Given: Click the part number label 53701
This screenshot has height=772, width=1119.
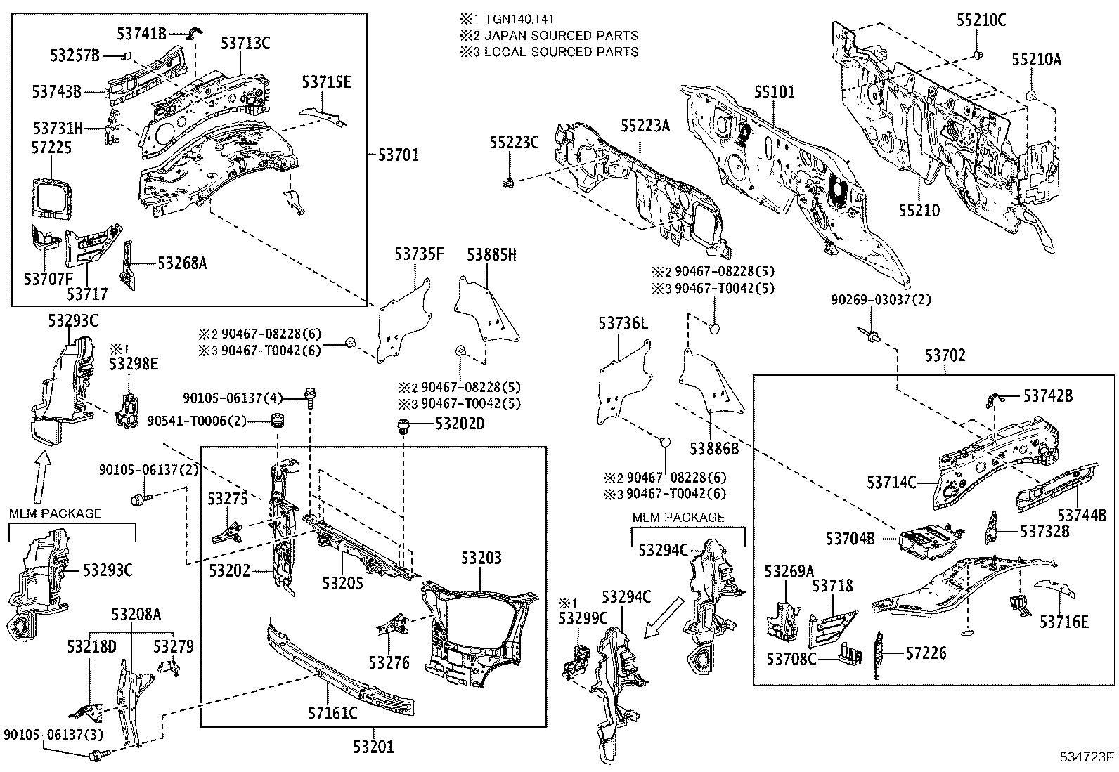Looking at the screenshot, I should coord(398,155).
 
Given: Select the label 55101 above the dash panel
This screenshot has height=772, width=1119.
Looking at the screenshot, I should coord(775,92).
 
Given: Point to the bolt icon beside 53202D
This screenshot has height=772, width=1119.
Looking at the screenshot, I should coord(404,424).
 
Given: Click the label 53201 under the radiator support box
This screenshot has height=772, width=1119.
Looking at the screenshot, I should coord(374,747).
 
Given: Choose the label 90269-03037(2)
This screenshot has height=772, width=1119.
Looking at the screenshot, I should coord(881,300).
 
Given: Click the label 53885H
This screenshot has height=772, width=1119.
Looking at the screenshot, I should coord(491,256).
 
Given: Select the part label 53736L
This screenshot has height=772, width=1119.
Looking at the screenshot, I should coord(623,323).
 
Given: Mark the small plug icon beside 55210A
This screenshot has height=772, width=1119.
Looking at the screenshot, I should coord(1030,94).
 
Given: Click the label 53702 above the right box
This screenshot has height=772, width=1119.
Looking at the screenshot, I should coord(945,356).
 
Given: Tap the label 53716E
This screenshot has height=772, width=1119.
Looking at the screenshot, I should coord(1064,622).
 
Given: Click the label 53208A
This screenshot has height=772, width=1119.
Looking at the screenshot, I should coord(136,615).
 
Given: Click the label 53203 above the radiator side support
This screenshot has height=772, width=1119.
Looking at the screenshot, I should coord(481,558).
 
